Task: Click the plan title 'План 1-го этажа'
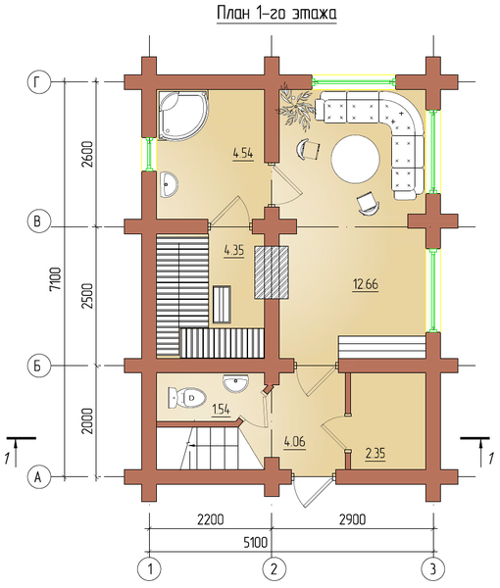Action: tap(276, 14)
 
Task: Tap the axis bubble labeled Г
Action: tap(37, 82)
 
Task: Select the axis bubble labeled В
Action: tap(37, 220)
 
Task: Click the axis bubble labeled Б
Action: tap(37, 365)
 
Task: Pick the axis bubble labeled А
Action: tap(37, 476)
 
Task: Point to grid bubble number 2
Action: tap(273, 569)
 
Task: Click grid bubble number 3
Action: tap(433, 569)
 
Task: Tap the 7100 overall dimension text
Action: tap(56, 278)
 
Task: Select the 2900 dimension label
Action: tap(352, 519)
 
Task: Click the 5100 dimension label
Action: tap(256, 543)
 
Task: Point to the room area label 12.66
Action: tap(366, 284)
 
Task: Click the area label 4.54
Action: tap(243, 154)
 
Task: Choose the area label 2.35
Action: tap(375, 454)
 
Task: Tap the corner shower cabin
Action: tap(182, 115)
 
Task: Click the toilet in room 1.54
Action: tap(186, 398)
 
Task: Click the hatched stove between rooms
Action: tap(272, 272)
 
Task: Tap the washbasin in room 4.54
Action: tap(169, 184)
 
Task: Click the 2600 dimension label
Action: tap(87, 154)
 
